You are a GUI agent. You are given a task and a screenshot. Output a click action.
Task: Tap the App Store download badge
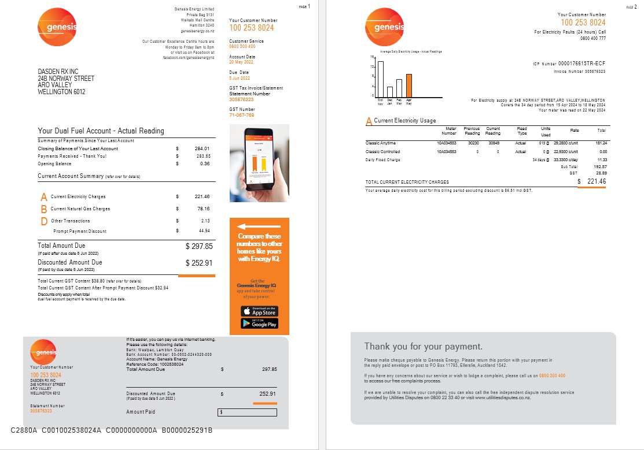tap(259, 311)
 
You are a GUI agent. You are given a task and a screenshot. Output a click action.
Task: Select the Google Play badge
tap(259, 323)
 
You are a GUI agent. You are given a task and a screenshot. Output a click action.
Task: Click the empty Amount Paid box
tap(247, 412)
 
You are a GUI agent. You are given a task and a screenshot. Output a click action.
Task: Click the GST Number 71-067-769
tap(242, 115)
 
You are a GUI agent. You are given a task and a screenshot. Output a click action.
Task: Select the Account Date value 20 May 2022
tap(241, 62)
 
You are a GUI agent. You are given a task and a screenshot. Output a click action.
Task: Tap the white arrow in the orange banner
tap(259, 226)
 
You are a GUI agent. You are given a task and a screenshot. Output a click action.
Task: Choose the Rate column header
tap(575, 131)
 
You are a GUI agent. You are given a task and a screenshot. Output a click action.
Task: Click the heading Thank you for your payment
tap(423, 347)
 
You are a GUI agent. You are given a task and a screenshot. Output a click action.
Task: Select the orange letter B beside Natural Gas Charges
tap(44, 209)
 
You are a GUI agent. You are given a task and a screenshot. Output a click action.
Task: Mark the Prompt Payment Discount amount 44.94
tap(204, 231)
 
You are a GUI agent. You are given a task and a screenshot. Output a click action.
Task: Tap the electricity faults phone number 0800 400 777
tap(593, 38)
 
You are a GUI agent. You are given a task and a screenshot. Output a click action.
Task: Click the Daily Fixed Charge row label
tap(382, 159)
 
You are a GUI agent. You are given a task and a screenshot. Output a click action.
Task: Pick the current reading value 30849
tap(493, 143)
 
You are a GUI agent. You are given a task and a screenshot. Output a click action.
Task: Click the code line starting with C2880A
tap(112, 430)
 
